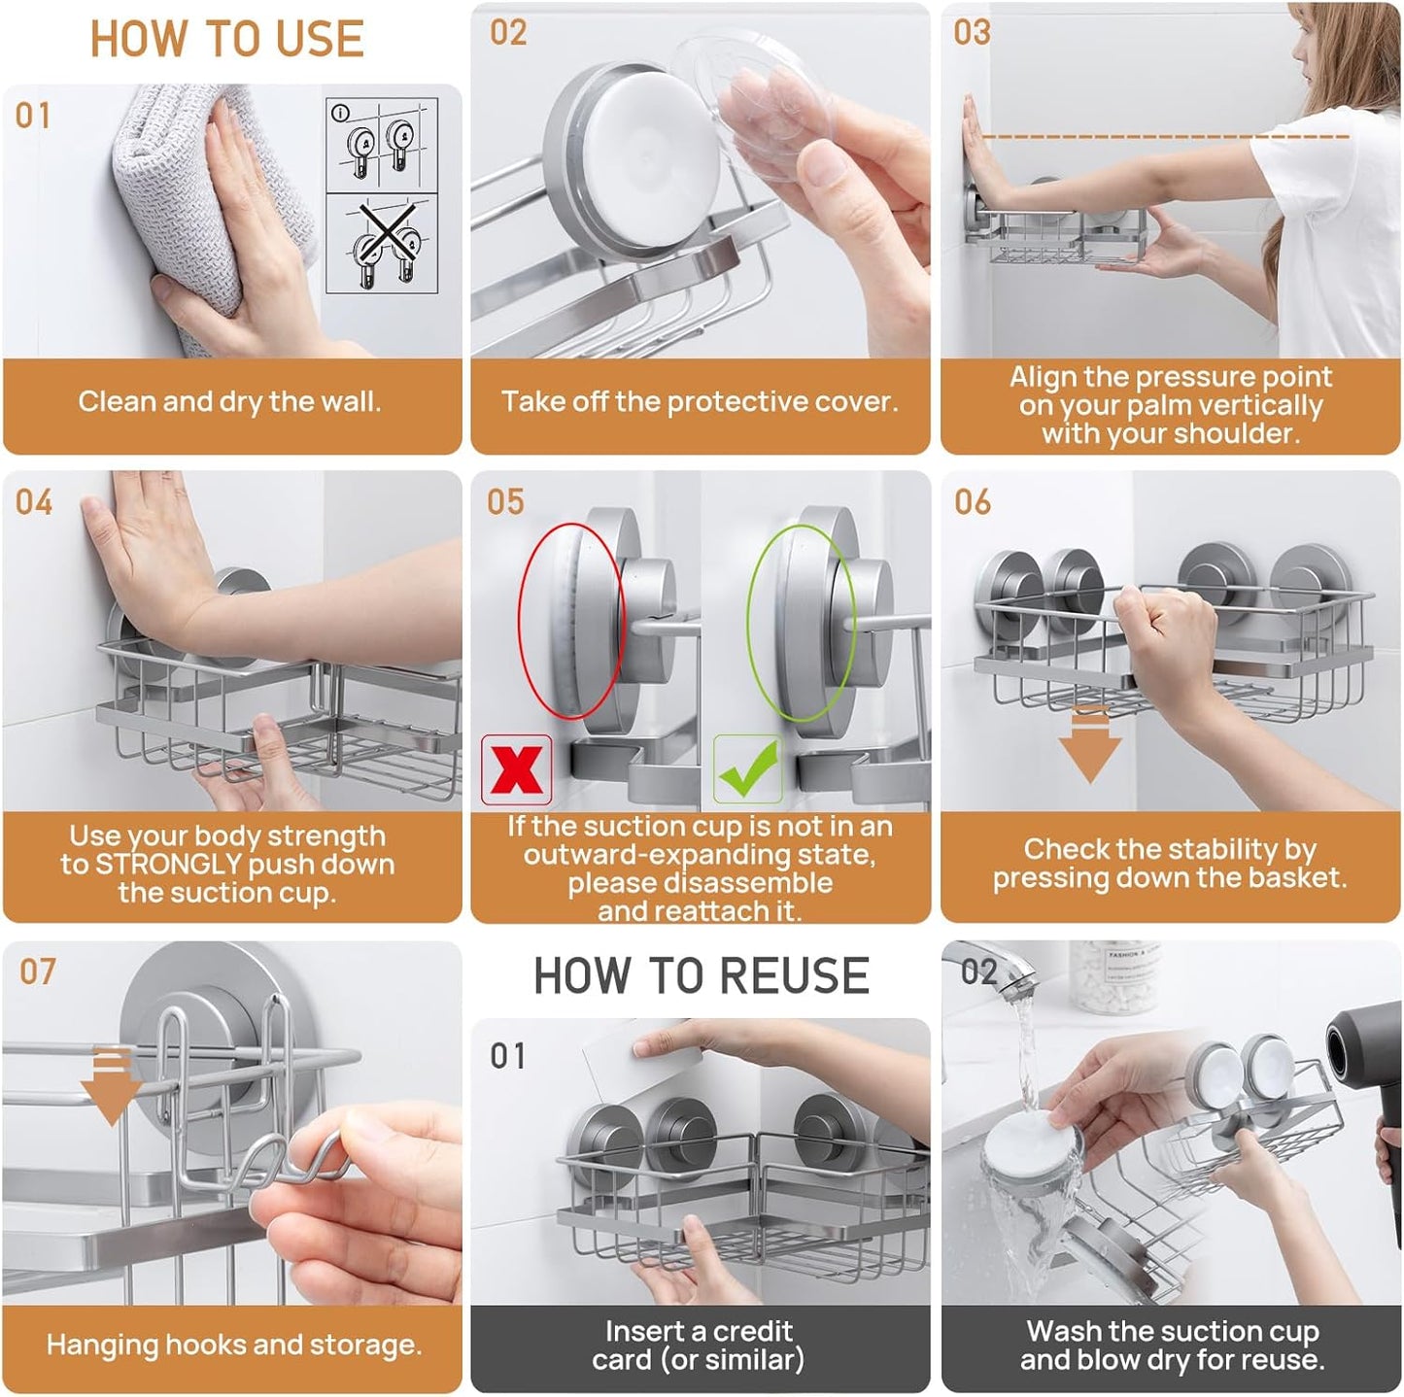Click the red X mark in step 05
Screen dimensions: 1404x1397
(516, 770)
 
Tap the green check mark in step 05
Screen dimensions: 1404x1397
(747, 768)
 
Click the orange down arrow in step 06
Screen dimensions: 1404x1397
(1089, 745)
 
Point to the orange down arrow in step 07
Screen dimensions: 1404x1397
(111, 1087)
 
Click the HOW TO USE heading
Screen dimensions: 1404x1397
(226, 39)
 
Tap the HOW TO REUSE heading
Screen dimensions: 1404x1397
(701, 975)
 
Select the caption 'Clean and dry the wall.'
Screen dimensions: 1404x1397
(229, 401)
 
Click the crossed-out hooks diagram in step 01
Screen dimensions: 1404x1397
(382, 244)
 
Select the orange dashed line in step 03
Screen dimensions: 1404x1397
(1165, 136)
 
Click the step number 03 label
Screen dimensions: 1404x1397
(972, 33)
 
